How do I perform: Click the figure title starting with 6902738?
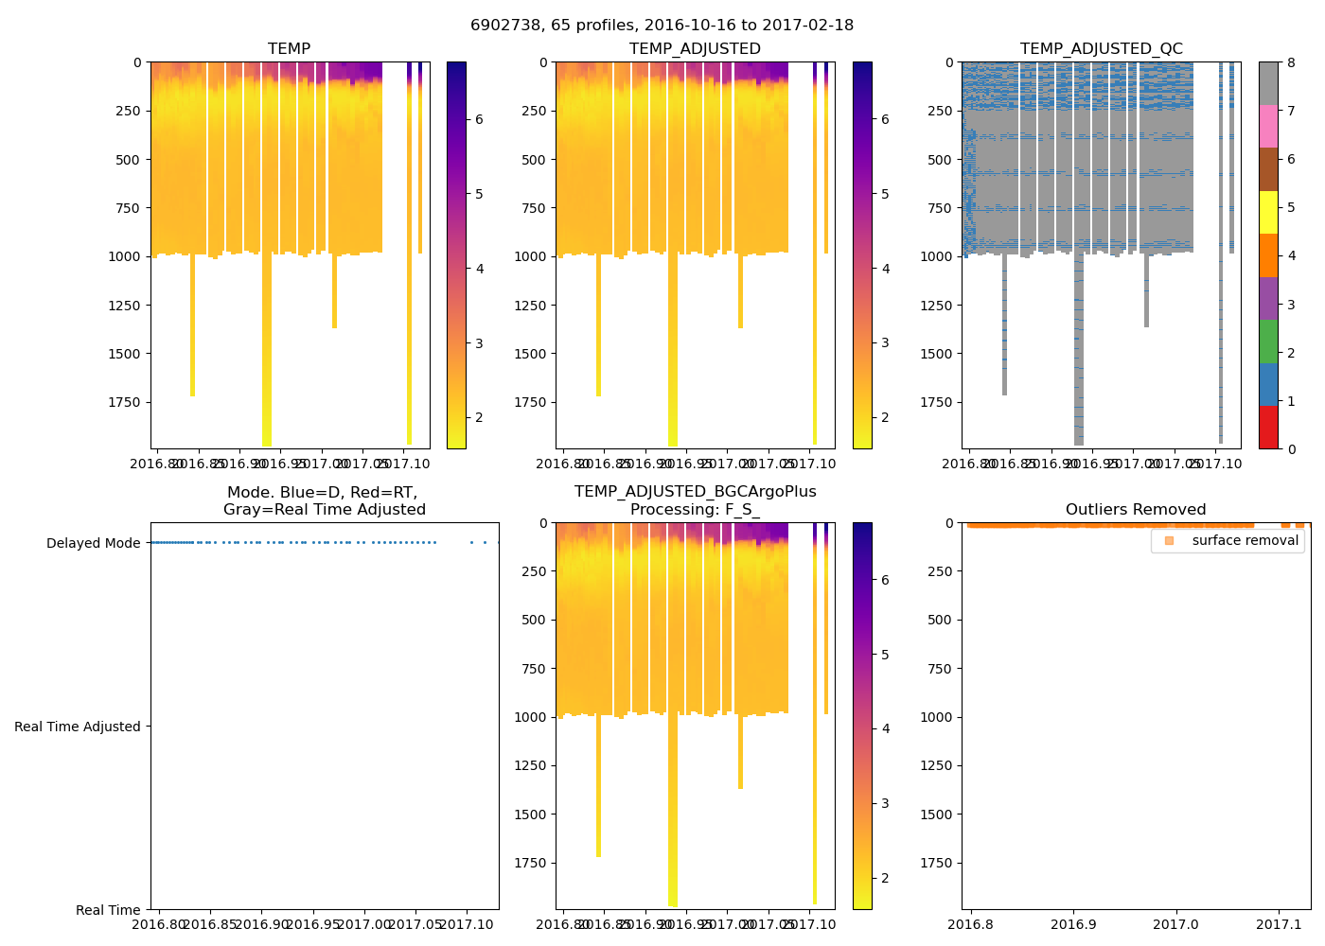[x=662, y=26]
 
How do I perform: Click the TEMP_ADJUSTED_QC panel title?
[x=1101, y=49]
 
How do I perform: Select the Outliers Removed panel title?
[x=1136, y=510]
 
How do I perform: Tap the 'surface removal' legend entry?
[x=1228, y=541]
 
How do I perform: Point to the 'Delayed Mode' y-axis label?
[x=93, y=544]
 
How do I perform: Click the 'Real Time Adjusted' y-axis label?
[x=78, y=727]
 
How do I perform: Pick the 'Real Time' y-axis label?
[x=108, y=911]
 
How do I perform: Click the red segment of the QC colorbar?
[x=1268, y=428]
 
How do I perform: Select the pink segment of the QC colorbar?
[x=1268, y=127]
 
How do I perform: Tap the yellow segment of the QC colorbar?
[x=1268, y=213]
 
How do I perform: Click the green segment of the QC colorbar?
[x=1268, y=342]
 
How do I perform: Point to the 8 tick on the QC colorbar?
[x=1291, y=62]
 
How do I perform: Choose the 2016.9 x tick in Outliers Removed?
[x=1073, y=924]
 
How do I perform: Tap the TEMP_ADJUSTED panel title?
[x=695, y=49]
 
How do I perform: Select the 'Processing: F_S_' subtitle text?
[x=695, y=510]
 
